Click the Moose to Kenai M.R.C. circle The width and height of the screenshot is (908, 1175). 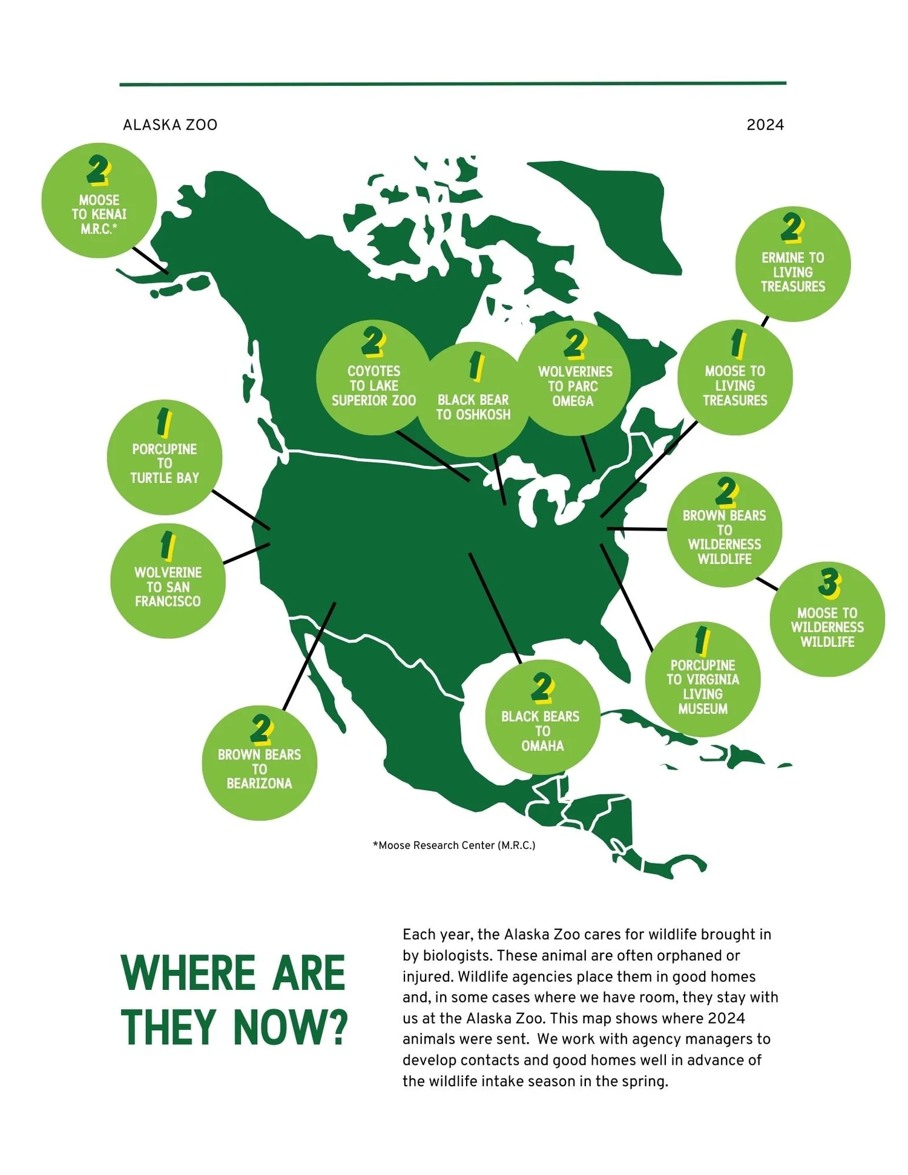click(x=99, y=201)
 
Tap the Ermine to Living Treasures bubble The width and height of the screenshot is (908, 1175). click(x=792, y=265)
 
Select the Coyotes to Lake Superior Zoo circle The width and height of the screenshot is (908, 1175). click(x=373, y=378)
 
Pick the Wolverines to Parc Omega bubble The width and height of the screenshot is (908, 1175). click(x=574, y=378)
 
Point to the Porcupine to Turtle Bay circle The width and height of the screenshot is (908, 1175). click(x=164, y=457)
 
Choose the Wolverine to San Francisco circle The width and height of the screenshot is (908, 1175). click(x=168, y=581)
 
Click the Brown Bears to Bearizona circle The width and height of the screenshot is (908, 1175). click(x=259, y=763)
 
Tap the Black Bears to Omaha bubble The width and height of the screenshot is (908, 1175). click(x=542, y=718)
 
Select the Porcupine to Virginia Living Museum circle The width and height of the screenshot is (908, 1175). click(x=702, y=679)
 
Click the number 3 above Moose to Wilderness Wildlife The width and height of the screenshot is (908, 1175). click(x=828, y=581)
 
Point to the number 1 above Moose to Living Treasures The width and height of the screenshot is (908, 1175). click(x=737, y=344)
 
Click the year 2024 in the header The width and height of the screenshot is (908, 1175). click(x=765, y=125)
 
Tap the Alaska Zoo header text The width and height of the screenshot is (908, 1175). click(x=170, y=125)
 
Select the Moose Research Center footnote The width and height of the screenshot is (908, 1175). click(x=454, y=845)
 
